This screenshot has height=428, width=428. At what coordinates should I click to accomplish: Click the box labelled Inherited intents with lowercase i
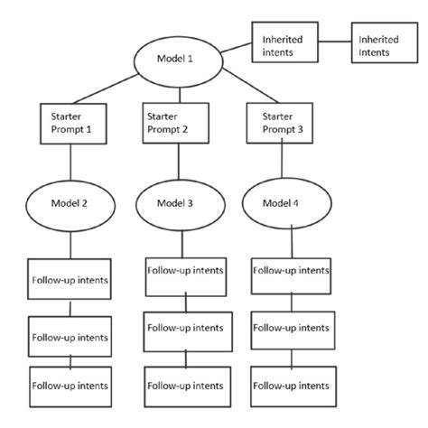(284, 44)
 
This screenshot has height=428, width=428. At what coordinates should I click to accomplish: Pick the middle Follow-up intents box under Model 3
(185, 328)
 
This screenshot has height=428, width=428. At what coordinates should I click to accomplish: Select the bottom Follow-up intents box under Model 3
(185, 386)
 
